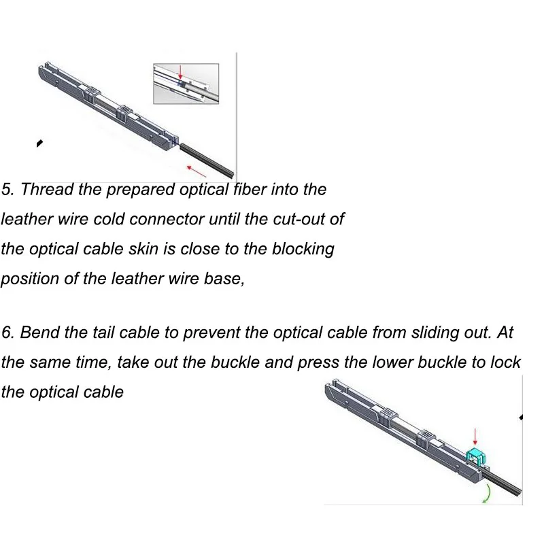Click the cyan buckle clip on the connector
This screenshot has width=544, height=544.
[x=475, y=457]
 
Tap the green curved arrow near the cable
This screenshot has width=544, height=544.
[x=488, y=494]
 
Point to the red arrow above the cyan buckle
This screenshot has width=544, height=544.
[x=475, y=437]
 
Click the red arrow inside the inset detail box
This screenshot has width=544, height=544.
[x=180, y=72]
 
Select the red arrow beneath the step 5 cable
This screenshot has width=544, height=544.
[x=197, y=171]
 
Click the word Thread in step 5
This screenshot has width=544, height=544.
[x=47, y=190]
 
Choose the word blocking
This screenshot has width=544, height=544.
[x=303, y=250]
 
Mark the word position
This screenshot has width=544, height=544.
[x=29, y=279]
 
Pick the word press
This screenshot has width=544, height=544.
[x=318, y=363]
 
